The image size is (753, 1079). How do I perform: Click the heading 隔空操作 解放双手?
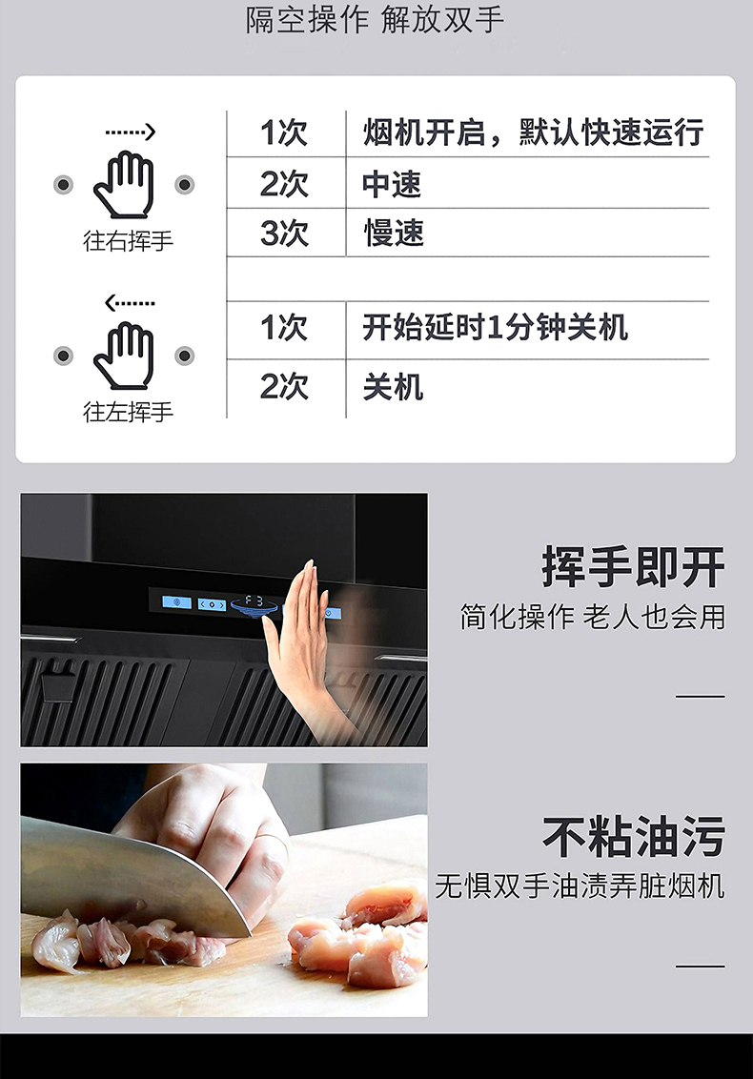pyautogui.click(x=376, y=19)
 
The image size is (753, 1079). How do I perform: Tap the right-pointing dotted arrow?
pyautogui.click(x=130, y=132)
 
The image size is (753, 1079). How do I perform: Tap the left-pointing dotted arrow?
pyautogui.click(x=130, y=303)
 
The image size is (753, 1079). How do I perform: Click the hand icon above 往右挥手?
pyautogui.click(x=124, y=184)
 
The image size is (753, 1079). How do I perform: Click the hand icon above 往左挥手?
pyautogui.click(x=124, y=356)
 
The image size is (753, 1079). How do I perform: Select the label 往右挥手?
pyautogui.click(x=128, y=241)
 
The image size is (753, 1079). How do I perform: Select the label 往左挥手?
pyautogui.click(x=128, y=412)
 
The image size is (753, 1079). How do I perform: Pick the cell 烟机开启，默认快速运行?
pyautogui.click(x=534, y=132)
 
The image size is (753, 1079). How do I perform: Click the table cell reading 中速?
pyautogui.click(x=392, y=184)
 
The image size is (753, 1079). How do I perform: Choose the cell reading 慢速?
pyautogui.click(x=393, y=234)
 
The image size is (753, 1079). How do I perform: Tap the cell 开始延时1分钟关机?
pyautogui.click(x=495, y=327)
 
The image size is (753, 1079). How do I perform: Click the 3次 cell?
pyautogui.click(x=284, y=234)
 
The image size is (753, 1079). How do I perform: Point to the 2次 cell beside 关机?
pyautogui.click(x=284, y=387)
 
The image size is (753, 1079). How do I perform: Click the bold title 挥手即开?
pyautogui.click(x=634, y=567)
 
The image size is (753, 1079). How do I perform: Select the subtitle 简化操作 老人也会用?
pyautogui.click(x=593, y=617)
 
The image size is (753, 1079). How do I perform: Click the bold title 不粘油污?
pyautogui.click(x=634, y=837)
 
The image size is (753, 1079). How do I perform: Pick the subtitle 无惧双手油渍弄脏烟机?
pyautogui.click(x=580, y=886)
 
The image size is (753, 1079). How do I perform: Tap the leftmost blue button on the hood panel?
pyautogui.click(x=177, y=602)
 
